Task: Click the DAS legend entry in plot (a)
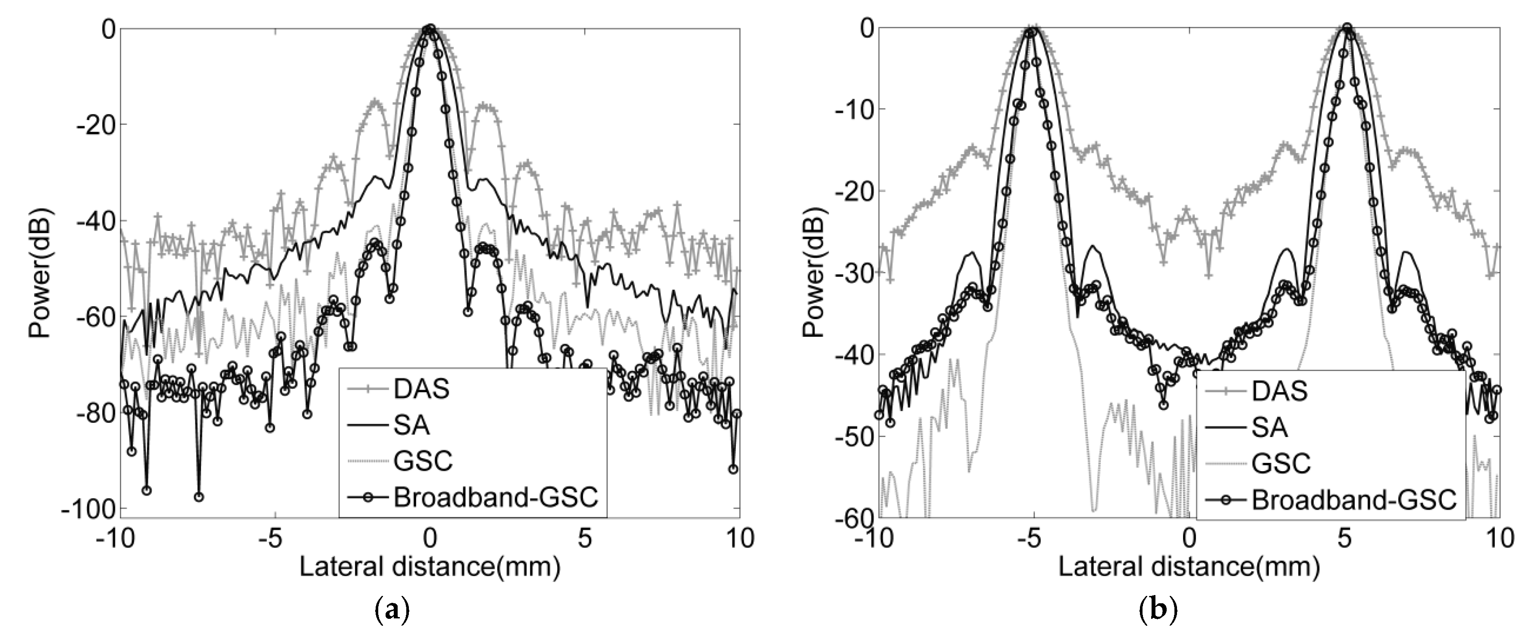coord(421,390)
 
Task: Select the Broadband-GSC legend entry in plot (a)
coord(495,497)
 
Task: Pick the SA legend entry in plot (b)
coord(1270,427)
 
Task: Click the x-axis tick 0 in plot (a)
coord(430,538)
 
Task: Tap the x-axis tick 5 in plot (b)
coord(1344,538)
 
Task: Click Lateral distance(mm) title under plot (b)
coord(1189,568)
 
